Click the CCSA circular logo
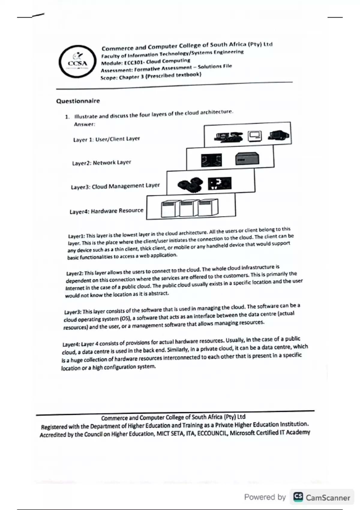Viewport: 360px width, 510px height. click(x=77, y=61)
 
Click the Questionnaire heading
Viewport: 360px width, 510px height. click(x=78, y=101)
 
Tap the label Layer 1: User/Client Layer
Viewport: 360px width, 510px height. click(x=106, y=139)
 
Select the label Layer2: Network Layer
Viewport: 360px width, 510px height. click(x=101, y=163)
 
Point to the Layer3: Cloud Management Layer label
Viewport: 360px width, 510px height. click(x=115, y=186)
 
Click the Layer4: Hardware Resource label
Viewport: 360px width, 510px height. click(x=106, y=211)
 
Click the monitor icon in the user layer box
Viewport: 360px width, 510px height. click(x=255, y=136)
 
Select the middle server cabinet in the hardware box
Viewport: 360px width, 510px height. click(x=187, y=208)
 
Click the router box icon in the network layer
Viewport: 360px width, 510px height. click(x=247, y=158)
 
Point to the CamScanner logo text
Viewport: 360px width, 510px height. click(x=328, y=498)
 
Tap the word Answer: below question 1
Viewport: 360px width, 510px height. click(x=85, y=124)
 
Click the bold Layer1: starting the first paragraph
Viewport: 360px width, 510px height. click(x=76, y=236)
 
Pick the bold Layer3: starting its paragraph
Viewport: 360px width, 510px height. click(x=73, y=312)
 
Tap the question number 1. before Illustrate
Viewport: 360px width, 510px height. click(x=67, y=117)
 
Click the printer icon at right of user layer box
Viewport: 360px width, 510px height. click(x=278, y=135)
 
